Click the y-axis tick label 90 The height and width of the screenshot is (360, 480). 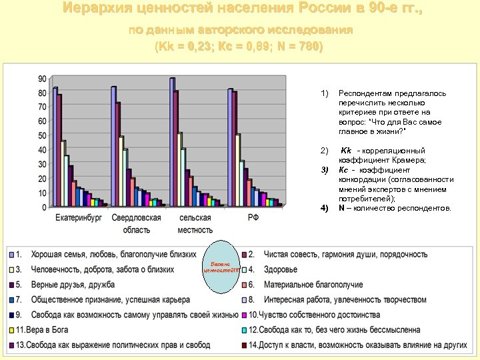[42, 78]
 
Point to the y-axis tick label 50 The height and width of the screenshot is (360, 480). [42, 135]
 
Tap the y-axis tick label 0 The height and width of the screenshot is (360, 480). [44, 207]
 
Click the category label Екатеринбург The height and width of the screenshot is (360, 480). [79, 218]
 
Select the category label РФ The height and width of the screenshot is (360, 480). [253, 218]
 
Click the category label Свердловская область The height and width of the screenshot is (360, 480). [136, 223]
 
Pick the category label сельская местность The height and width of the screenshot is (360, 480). [195, 223]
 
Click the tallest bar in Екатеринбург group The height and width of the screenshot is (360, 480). [55, 147]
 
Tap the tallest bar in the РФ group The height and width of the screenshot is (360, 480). [229, 147]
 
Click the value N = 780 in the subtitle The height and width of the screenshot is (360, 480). [303, 47]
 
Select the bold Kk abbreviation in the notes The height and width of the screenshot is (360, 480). [346, 151]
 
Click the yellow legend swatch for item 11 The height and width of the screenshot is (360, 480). [11, 330]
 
